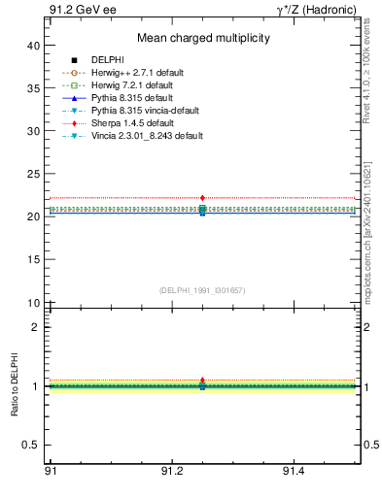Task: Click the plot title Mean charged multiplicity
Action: tap(202, 38)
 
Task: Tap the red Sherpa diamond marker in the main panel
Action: tap(202, 198)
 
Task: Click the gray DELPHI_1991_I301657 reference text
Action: tap(202, 290)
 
